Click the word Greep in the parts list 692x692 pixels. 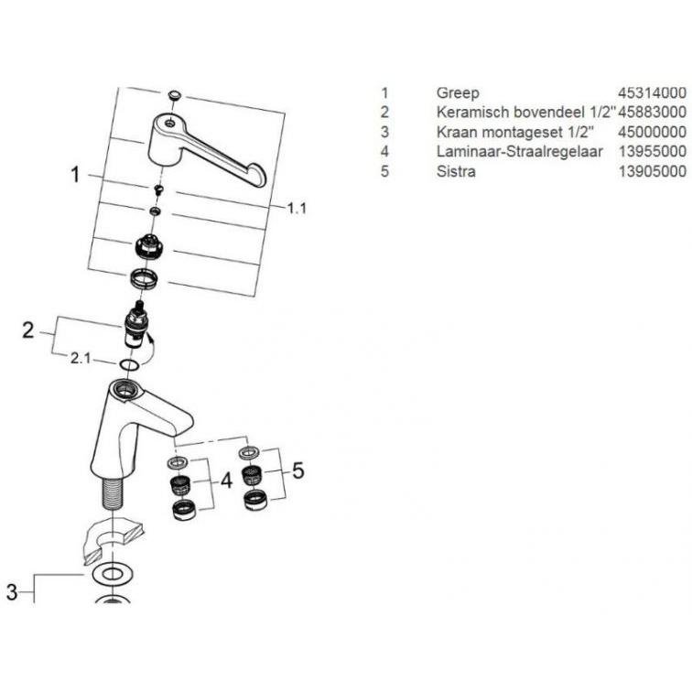coord(458,93)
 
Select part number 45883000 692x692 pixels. coord(652,112)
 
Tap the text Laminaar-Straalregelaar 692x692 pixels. coord(519,151)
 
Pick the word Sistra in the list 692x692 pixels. coord(456,171)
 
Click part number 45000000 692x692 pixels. coord(652,132)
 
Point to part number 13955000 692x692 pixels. coord(652,151)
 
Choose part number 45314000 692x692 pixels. coord(652,93)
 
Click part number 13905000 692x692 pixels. coord(652,171)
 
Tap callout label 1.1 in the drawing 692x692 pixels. coord(297,208)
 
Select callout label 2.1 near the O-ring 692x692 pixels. coord(81,359)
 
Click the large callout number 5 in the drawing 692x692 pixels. coord(298,470)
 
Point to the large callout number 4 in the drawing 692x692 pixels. coord(226,481)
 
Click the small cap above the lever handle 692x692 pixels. coord(175,95)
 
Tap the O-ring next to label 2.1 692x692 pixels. coord(129,365)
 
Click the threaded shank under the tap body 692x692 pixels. coord(114,492)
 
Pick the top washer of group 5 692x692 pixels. coord(249,452)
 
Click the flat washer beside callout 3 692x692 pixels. coord(112,574)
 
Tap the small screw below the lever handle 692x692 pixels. coord(158,189)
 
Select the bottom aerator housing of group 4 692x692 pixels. coord(185,511)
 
